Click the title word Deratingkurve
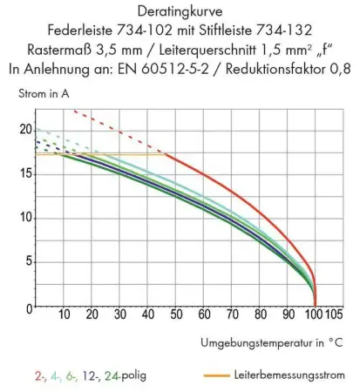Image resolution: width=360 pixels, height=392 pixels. (x=179, y=12)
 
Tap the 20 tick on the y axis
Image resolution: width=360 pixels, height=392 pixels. (x=24, y=129)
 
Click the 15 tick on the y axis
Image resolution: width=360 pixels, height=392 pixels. (x=24, y=172)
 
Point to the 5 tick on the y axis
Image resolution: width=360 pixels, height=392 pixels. (x=27, y=260)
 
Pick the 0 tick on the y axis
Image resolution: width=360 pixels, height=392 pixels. (x=27, y=306)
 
